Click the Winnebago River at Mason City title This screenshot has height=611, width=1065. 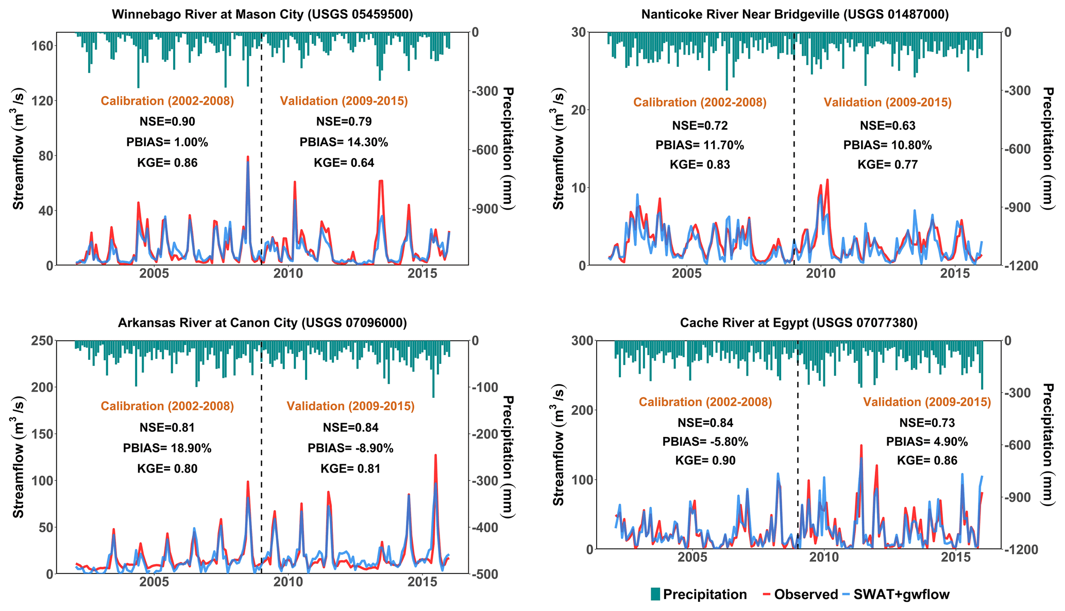click(262, 14)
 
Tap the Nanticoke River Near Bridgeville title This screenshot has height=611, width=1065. click(795, 14)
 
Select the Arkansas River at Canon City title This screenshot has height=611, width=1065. click(262, 323)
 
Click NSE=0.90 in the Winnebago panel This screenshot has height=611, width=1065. click(167, 121)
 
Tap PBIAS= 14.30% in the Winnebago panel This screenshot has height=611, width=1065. click(344, 142)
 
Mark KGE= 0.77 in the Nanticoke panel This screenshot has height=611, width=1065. click(887, 165)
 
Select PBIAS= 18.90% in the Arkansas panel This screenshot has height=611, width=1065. click(167, 448)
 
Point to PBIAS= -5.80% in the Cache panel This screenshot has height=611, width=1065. click(705, 442)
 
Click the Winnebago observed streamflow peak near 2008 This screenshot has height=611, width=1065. click(248, 156)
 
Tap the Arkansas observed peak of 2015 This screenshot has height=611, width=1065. click(435, 455)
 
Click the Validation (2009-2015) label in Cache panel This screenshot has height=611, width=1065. click(927, 402)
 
